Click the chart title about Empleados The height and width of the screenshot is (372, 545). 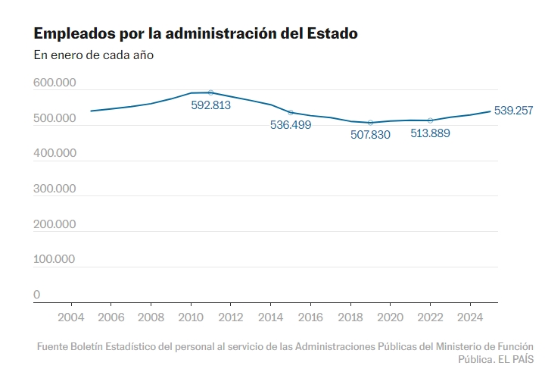click(x=195, y=34)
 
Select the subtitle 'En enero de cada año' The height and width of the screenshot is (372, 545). click(x=94, y=55)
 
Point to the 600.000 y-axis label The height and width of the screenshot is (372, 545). click(x=54, y=83)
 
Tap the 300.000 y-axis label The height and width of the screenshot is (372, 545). click(x=54, y=189)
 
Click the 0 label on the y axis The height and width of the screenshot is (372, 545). click(x=37, y=295)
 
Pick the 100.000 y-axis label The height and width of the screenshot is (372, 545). click(x=54, y=259)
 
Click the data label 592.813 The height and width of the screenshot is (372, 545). click(x=210, y=105)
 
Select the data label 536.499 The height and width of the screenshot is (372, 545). click(x=291, y=125)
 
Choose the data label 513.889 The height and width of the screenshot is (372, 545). click(x=430, y=133)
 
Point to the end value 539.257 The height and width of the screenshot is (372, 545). click(x=513, y=111)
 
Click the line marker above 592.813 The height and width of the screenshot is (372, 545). click(x=210, y=92)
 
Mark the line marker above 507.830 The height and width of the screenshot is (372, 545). click(x=370, y=123)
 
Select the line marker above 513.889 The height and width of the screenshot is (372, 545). click(x=430, y=120)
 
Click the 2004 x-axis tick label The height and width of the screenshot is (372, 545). click(x=71, y=317)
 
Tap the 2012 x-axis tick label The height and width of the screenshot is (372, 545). click(x=230, y=317)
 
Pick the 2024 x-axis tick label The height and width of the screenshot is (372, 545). click(x=470, y=317)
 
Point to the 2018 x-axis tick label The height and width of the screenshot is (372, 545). click(x=350, y=317)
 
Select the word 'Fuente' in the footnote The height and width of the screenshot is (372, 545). click(x=54, y=346)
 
